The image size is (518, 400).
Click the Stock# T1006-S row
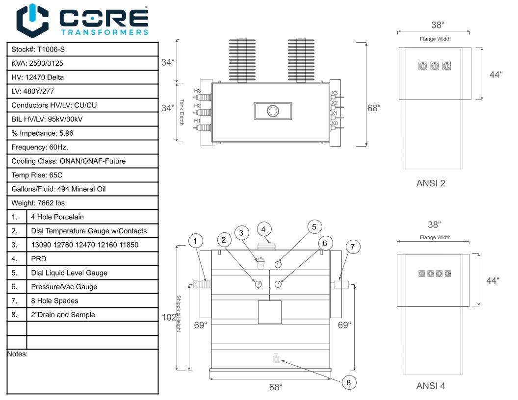82,50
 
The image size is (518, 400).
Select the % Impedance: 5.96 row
82,133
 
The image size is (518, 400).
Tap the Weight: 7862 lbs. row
82,203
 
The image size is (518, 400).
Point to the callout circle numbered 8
349,382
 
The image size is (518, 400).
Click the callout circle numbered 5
314,227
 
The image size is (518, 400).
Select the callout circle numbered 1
195,241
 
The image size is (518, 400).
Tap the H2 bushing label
197,105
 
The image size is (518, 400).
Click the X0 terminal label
335,124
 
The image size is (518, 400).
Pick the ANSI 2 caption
431,183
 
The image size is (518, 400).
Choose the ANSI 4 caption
431,386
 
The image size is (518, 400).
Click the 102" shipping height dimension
169,318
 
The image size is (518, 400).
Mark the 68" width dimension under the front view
276,387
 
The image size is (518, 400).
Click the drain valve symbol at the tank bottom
276,358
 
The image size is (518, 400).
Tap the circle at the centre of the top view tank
273,111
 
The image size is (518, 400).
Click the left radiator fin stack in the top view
242,60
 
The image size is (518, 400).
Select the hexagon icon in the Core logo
32,21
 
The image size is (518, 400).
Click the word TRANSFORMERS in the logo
104,32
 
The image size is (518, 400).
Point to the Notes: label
18,354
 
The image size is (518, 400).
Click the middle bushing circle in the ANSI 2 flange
435,66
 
